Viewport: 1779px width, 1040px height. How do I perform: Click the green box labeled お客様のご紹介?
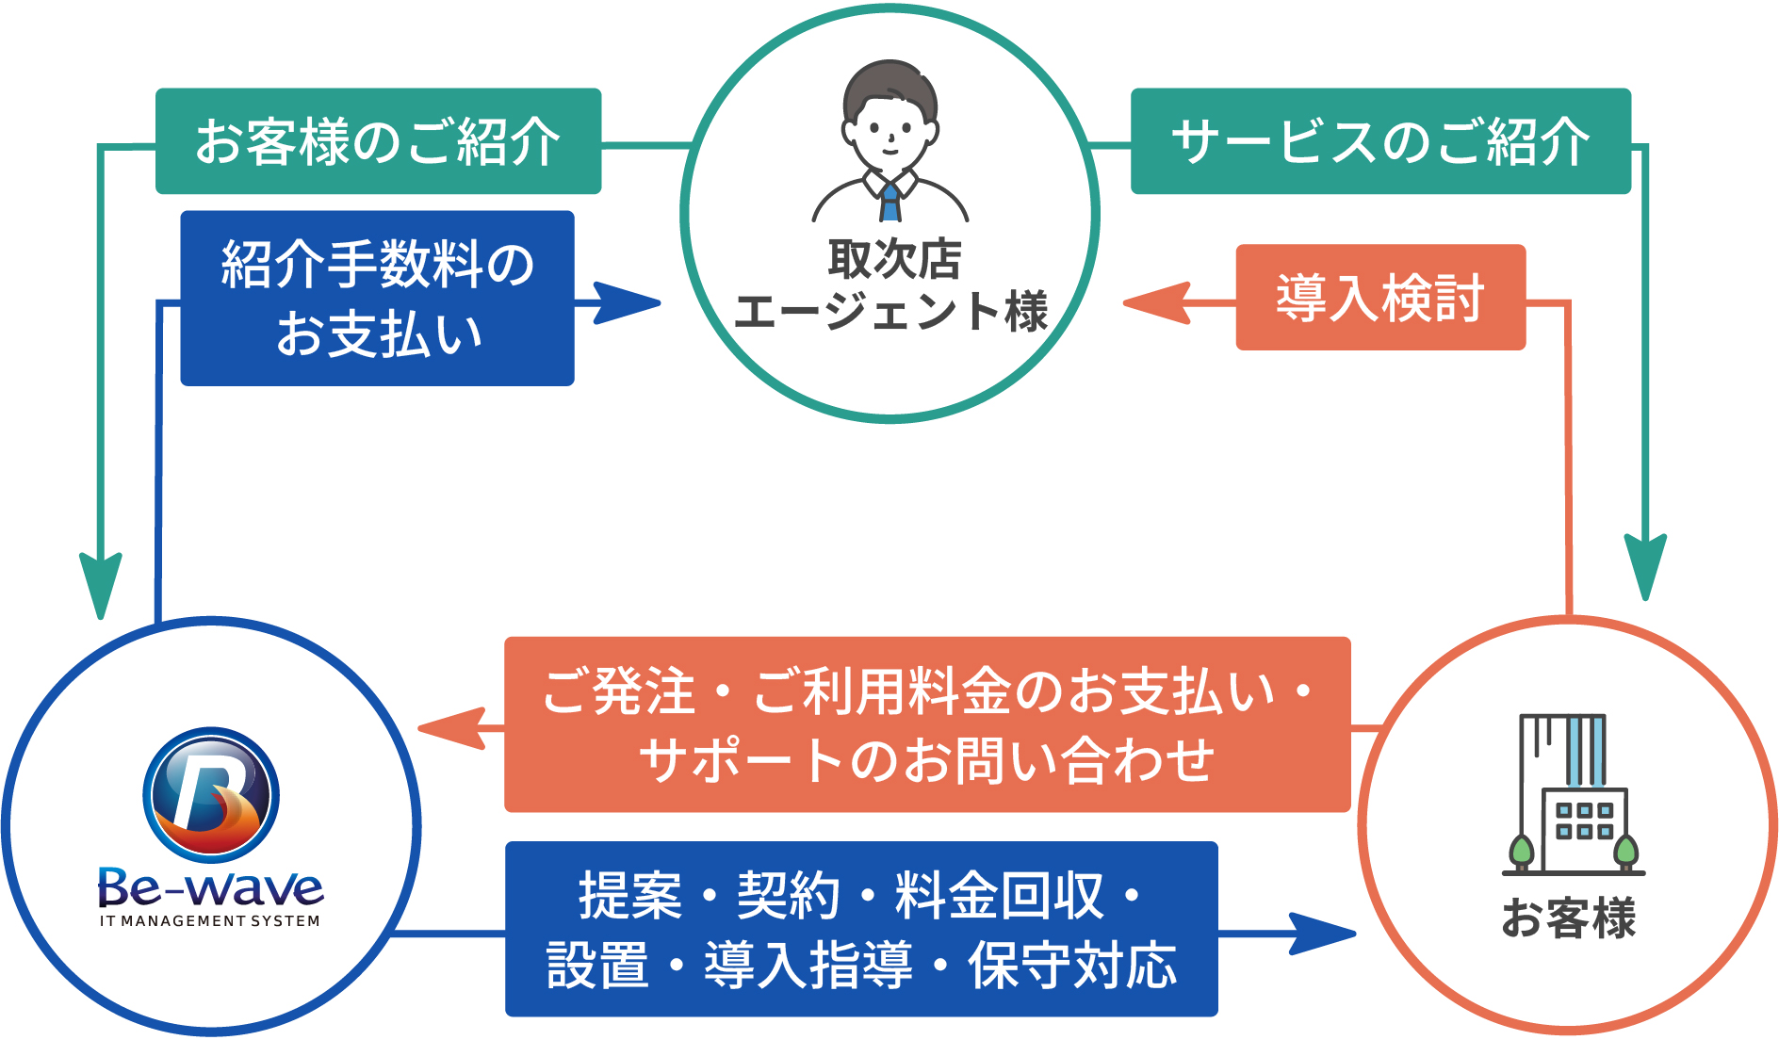tap(378, 141)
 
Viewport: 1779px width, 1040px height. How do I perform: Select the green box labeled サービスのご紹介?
tap(1379, 141)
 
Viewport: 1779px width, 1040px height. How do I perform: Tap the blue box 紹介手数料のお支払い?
tap(377, 298)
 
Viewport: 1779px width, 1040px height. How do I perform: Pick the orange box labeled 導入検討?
tap(1379, 298)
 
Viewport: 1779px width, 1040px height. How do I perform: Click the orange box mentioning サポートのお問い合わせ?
tap(927, 724)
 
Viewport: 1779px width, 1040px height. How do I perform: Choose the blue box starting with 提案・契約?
tap(861, 929)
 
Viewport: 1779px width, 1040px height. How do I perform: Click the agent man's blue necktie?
tap(889, 200)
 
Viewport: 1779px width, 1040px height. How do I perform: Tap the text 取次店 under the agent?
tap(894, 259)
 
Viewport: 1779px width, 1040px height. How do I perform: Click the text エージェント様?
tap(890, 312)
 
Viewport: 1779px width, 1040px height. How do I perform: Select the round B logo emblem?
tap(211, 795)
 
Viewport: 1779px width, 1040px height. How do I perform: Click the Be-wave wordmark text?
tap(211, 887)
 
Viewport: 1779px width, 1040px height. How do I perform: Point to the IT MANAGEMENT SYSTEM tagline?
tap(210, 921)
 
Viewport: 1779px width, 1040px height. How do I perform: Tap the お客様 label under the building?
tap(1569, 918)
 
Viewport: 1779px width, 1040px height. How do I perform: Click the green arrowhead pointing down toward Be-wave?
tap(101, 584)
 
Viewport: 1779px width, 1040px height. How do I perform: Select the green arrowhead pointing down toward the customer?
tap(1645, 565)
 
